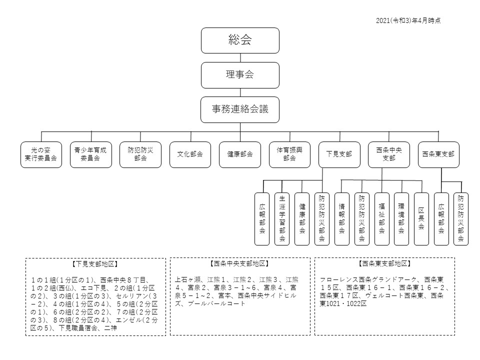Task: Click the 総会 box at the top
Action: [240, 40]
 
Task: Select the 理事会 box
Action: [240, 75]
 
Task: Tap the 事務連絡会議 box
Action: [240, 109]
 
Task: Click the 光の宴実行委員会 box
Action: [41, 154]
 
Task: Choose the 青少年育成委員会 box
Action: [90, 154]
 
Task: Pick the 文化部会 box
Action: [190, 154]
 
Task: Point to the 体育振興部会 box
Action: [289, 154]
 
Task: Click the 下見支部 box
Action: [339, 154]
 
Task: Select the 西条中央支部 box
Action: [389, 154]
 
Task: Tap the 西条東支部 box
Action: [438, 154]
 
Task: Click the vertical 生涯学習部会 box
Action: [282, 219]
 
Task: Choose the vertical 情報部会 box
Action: [342, 219]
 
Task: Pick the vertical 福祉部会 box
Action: [381, 219]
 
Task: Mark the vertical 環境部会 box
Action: [401, 219]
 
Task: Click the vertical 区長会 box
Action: [421, 219]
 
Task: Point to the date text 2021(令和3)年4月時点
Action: [407, 20]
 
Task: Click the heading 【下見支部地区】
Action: [95, 263]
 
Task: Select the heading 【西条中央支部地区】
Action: [239, 263]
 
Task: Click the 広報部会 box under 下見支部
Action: [262, 219]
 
